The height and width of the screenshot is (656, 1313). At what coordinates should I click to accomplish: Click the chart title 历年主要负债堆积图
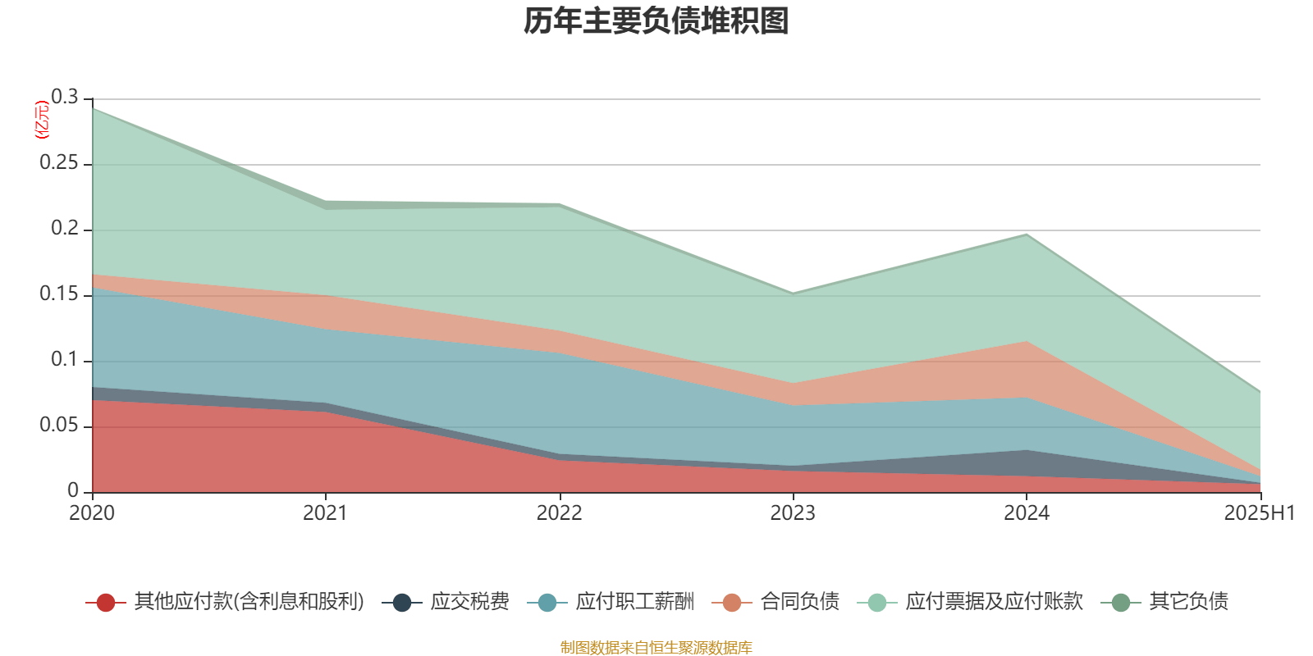click(656, 21)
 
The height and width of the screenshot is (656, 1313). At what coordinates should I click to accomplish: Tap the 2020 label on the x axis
click(92, 513)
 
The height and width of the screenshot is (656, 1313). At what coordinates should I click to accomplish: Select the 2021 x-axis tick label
click(326, 513)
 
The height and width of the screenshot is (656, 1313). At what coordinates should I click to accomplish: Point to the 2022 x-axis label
click(560, 513)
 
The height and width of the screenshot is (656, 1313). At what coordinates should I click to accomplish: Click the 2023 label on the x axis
click(793, 513)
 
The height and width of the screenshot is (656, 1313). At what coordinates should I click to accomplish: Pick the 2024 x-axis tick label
click(1027, 513)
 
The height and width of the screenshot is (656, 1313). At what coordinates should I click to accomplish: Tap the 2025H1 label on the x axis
click(1258, 513)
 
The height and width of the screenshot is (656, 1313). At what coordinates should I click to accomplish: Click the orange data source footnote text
click(656, 648)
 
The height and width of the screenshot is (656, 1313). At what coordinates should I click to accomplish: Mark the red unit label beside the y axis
click(40, 120)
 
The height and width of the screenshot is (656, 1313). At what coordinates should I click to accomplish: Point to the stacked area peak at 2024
click(1027, 235)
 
